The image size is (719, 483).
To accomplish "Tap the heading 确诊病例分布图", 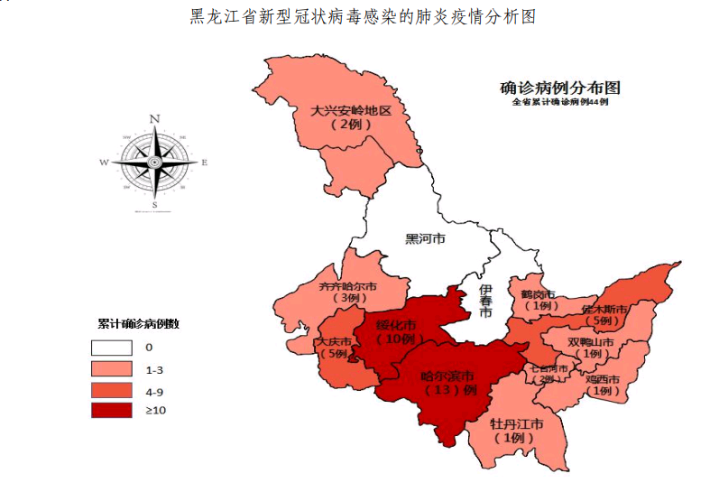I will [560, 88].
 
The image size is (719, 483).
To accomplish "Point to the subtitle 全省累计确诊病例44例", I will [560, 103].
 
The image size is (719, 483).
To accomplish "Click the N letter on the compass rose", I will [154, 118].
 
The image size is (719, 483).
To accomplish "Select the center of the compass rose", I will [154, 163].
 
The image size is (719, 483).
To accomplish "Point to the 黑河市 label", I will [424, 239].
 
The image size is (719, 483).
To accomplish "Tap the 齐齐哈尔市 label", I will [348, 286].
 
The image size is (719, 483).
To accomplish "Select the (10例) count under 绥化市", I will [397, 339].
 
